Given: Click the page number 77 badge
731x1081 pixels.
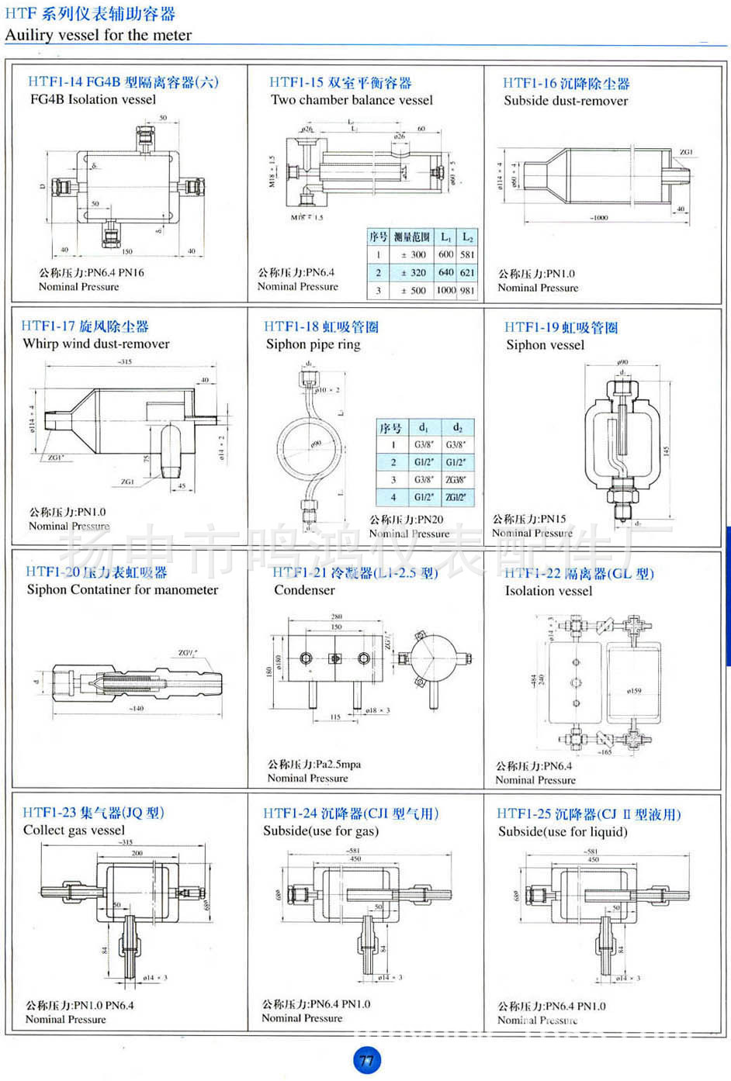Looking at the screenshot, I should coord(366,1060).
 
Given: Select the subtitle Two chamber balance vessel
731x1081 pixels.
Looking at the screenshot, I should coord(352,100).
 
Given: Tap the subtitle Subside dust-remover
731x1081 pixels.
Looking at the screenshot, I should coord(565,101).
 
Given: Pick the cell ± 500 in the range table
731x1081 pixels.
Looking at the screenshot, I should coord(413,291).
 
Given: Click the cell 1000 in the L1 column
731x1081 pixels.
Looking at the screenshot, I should coord(445,291).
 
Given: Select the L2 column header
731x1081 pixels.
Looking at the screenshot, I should coord(467,237).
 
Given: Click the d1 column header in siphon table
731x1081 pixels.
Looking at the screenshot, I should coord(423,427).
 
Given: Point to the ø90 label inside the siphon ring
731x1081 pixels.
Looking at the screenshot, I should coord(316,444).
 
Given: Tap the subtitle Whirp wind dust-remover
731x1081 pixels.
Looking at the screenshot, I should coord(96,344).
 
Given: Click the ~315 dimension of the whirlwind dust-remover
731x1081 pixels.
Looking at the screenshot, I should coord(124,362).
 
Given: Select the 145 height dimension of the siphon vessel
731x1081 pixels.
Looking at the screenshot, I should coord(666,451).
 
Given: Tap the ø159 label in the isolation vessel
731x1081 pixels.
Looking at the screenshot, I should coord(634,690).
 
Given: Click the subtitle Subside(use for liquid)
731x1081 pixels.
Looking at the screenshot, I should coord(563,832).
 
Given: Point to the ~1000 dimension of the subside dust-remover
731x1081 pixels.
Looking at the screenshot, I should coord(598,218).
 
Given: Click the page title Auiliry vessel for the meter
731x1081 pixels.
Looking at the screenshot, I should coord(98,35).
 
